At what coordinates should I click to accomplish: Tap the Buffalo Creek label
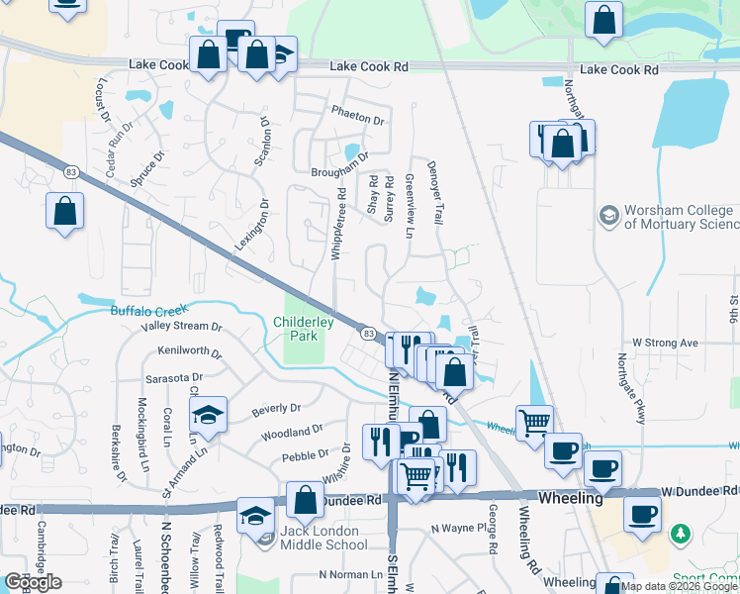pyautogui.click(x=148, y=311)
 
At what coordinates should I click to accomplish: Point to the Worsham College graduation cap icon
pyautogui.click(x=607, y=215)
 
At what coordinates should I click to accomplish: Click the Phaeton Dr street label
pyautogui.click(x=358, y=120)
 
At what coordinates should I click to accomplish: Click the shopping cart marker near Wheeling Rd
pyautogui.click(x=534, y=422)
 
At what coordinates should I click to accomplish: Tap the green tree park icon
pyautogui.click(x=681, y=535)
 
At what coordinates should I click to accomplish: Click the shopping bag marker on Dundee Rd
pyautogui.click(x=305, y=501)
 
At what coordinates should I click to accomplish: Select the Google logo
pyautogui.click(x=34, y=581)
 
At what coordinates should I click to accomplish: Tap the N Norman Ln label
pyautogui.click(x=350, y=574)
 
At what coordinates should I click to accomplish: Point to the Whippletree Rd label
pyautogui.click(x=338, y=225)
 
